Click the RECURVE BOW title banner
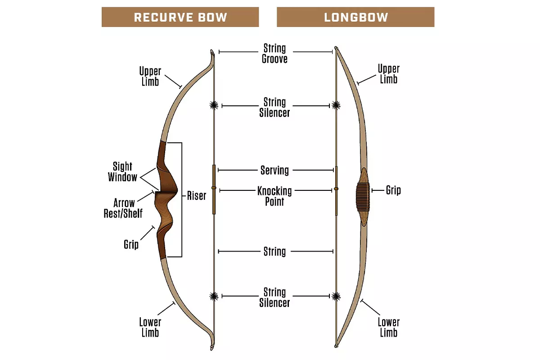[x=180, y=17]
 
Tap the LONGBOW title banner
[x=355, y=17]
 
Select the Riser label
[x=197, y=196]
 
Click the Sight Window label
[x=122, y=171]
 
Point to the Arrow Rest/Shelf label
[x=123, y=208]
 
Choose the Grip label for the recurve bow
[x=131, y=244]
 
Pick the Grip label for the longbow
[x=393, y=190]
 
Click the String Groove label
[x=274, y=53]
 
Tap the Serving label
[x=274, y=170]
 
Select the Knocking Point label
[x=274, y=196]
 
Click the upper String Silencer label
[x=274, y=107]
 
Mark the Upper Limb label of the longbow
[x=389, y=74]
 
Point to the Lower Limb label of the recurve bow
[x=150, y=327]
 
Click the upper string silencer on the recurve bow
[x=214, y=105]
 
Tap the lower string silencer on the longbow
[x=336, y=297]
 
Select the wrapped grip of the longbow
[x=363, y=197]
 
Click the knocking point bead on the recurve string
[x=214, y=188]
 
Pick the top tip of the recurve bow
[x=212, y=51]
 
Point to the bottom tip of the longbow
[x=336, y=346]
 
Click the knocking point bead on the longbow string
[x=336, y=189]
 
